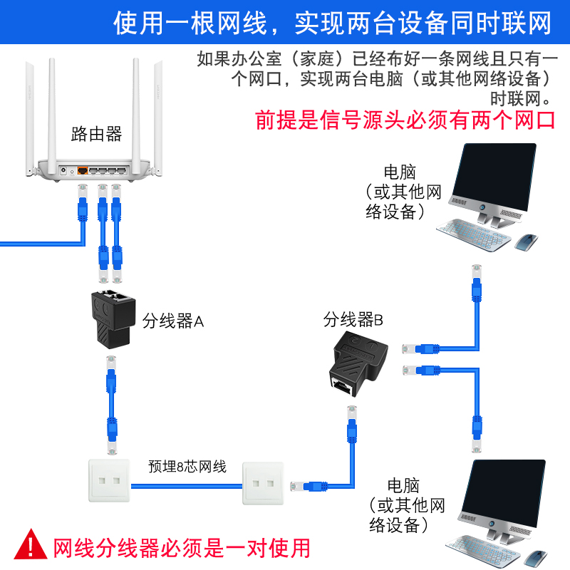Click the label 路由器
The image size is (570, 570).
[97, 134]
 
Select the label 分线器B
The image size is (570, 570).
[353, 320]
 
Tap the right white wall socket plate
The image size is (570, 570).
[262, 483]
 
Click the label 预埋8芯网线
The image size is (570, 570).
[187, 467]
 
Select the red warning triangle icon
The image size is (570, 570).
[31, 544]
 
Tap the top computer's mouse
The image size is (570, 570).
[527, 242]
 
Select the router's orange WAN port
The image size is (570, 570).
[83, 171]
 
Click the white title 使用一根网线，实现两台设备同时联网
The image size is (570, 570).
[332, 23]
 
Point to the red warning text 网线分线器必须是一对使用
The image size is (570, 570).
[182, 547]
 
